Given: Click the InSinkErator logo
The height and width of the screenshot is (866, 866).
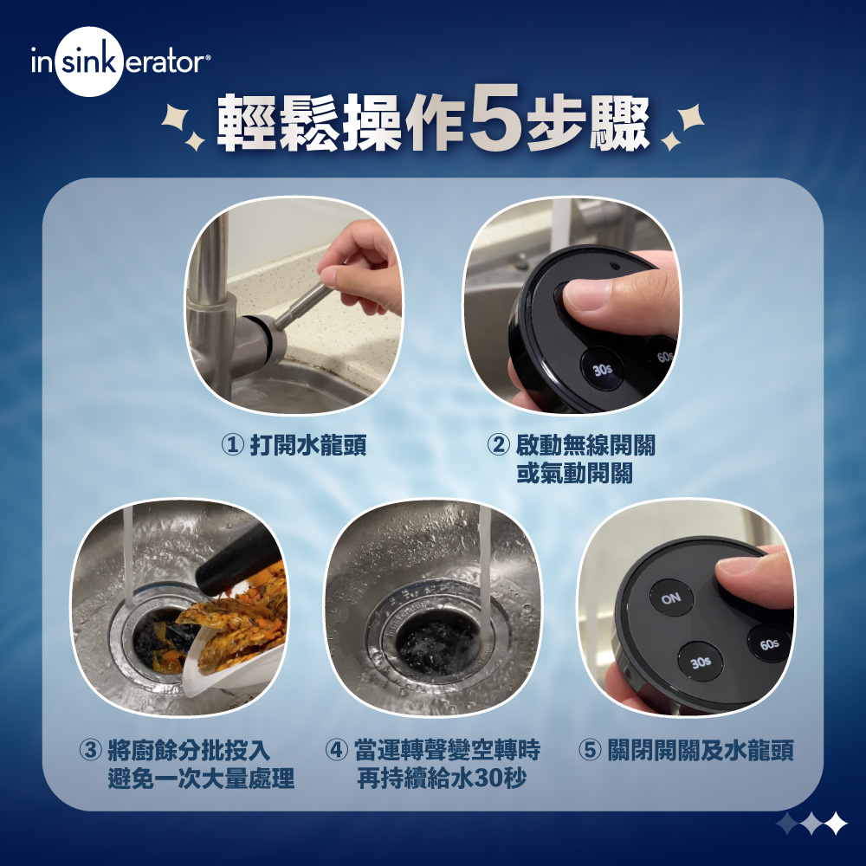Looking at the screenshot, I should pos(120,63).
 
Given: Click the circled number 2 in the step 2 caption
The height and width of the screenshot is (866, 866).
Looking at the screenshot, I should pos(498,446).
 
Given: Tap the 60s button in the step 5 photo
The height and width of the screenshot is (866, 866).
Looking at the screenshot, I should pos(769,643).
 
